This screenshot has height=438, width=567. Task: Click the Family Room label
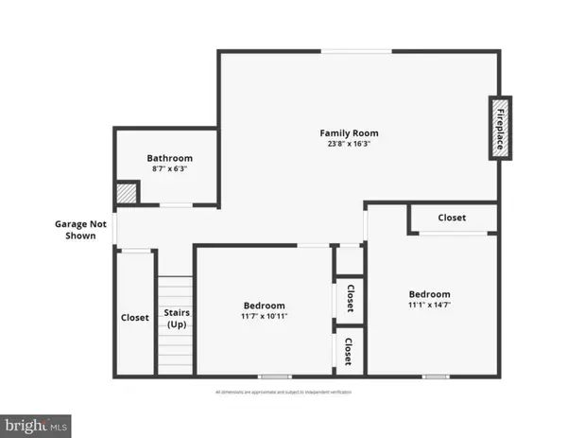[349, 133]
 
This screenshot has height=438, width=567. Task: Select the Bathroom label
[169, 158]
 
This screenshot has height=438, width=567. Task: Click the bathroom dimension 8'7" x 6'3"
[169, 169]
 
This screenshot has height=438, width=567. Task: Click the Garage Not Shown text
[75, 230]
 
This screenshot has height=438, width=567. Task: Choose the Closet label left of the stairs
[134, 318]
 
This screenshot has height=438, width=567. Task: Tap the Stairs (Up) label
[177, 318]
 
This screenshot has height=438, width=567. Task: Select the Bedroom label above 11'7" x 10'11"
[264, 306]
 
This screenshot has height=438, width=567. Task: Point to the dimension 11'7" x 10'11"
[264, 317]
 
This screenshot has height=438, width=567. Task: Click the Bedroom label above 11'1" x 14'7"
[429, 294]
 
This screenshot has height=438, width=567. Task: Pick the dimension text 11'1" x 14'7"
[429, 306]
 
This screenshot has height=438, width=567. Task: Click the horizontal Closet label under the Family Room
[452, 218]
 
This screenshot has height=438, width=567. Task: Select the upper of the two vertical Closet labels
[350, 298]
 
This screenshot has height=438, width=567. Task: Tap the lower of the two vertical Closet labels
[350, 352]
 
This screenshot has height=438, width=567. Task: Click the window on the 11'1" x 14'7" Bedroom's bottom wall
[435, 377]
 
